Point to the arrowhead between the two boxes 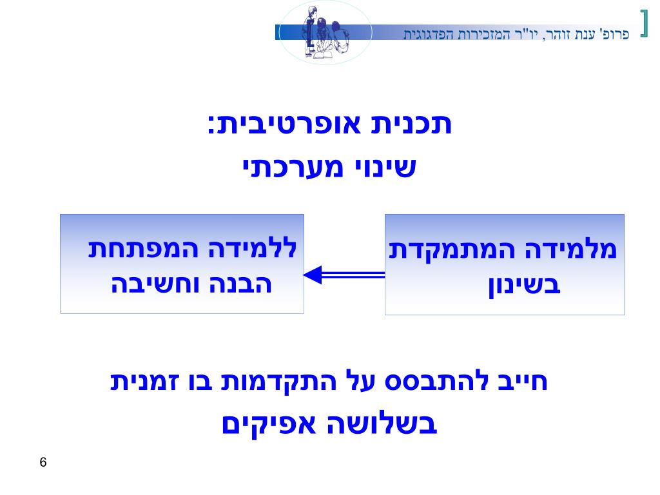pyautogui.click(x=313, y=275)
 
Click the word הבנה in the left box pyautogui.click(x=242, y=284)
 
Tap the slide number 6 pyautogui.click(x=43, y=462)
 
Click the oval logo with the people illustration pyautogui.click(x=325, y=32)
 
